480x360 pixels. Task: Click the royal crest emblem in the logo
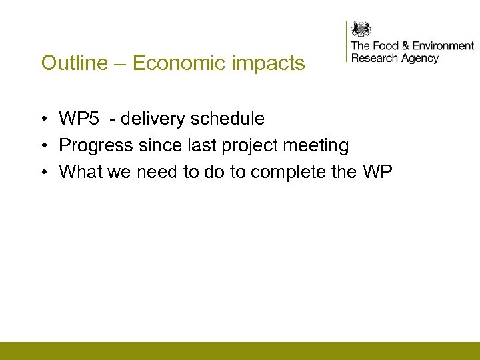[361, 29]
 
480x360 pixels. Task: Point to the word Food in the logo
[386, 46]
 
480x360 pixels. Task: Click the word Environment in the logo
[443, 46]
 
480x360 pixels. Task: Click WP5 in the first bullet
[77, 119]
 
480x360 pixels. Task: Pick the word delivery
[151, 119]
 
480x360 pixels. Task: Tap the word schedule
[227, 119]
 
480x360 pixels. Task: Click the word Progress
[96, 146]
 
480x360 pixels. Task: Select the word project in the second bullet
[245, 146]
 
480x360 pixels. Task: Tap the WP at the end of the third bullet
[377, 172]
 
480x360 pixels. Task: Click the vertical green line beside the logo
[347, 41]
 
